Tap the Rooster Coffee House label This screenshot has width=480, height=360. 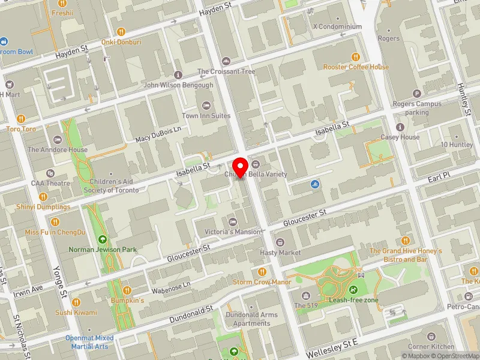(x=356, y=67)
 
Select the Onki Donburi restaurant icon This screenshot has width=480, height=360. (x=121, y=32)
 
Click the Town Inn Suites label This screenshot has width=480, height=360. (x=206, y=115)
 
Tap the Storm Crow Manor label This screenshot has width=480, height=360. (x=262, y=282)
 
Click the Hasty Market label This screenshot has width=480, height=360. (x=280, y=253)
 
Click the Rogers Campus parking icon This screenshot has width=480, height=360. (x=417, y=94)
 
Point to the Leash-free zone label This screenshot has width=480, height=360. (x=353, y=299)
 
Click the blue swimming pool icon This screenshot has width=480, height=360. (x=315, y=184)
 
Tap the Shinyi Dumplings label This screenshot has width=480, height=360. (x=43, y=206)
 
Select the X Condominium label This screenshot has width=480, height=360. (x=337, y=26)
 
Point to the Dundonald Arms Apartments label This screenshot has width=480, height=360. (x=251, y=319)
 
